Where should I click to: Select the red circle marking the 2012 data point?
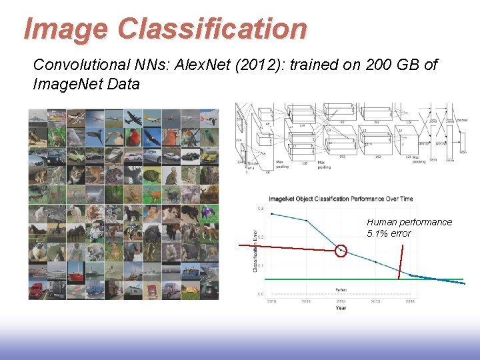click(x=341, y=251)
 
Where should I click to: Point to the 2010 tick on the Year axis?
click(x=272, y=301)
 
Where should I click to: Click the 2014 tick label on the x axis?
click(x=409, y=301)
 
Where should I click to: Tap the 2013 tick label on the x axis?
click(x=375, y=301)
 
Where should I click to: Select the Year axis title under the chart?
click(x=341, y=308)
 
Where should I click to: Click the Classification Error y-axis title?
click(x=255, y=250)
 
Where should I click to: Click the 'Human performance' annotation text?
click(x=409, y=222)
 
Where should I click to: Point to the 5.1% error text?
click(x=389, y=233)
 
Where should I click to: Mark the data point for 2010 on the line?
click(x=272, y=214)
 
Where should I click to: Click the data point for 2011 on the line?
click(x=307, y=221)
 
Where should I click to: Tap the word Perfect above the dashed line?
click(x=341, y=289)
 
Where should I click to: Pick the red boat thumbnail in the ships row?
click(x=76, y=272)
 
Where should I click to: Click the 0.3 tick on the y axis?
click(x=260, y=208)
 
